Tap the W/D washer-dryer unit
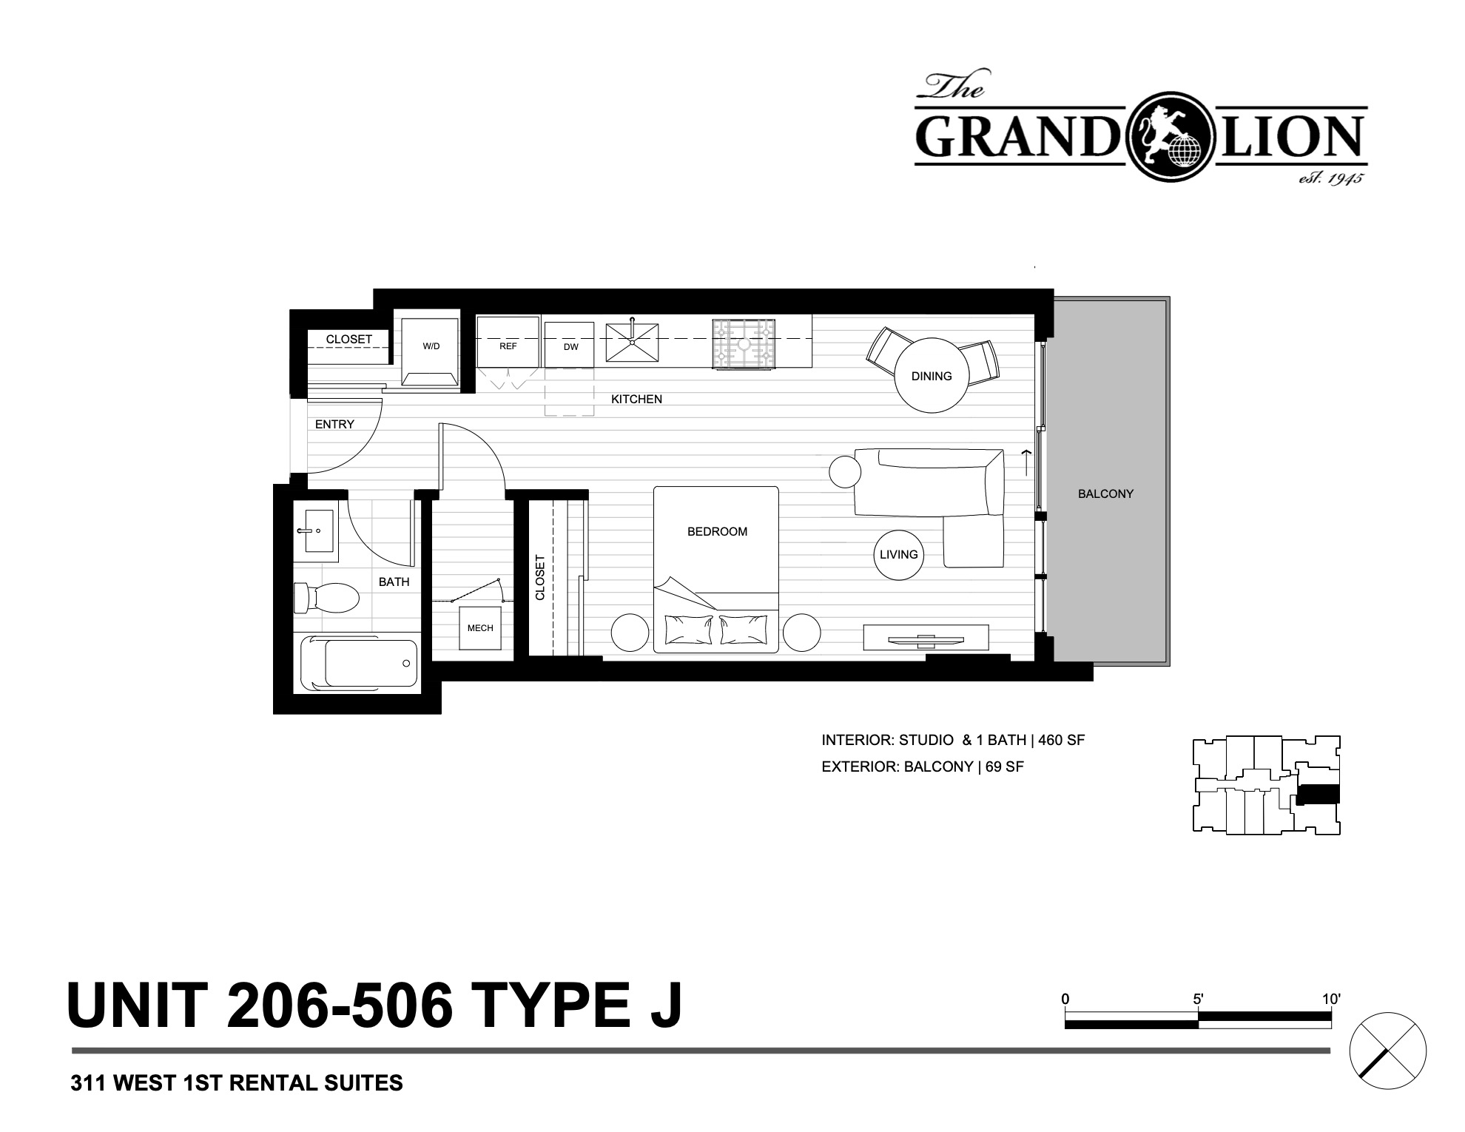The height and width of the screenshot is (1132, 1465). (431, 351)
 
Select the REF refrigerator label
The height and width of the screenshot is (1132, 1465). (508, 346)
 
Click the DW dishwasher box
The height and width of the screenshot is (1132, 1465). (570, 345)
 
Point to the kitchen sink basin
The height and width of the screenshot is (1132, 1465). (632, 343)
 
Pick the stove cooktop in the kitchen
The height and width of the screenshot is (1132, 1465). (744, 343)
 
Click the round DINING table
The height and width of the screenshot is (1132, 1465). (932, 375)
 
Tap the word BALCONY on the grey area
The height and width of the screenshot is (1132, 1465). (1105, 493)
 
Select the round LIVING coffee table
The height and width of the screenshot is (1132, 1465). (899, 555)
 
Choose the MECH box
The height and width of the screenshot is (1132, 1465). (480, 628)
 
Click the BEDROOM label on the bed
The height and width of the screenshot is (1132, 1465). (717, 531)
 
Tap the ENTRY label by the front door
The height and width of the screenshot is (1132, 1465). (334, 424)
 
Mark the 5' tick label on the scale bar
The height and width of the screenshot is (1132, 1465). (1198, 999)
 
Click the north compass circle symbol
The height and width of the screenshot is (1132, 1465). (1387, 1050)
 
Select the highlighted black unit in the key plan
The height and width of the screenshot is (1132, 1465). (1318, 794)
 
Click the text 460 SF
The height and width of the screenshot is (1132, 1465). (1062, 740)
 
